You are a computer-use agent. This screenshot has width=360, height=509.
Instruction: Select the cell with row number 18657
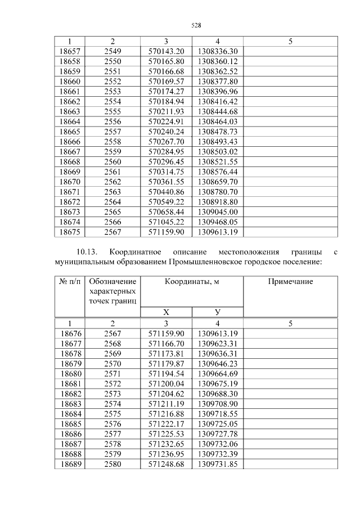[70, 51]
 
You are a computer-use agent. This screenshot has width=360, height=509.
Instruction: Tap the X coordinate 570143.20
[166, 51]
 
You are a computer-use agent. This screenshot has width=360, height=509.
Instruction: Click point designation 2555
[112, 111]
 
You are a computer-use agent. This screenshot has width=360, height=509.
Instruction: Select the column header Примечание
[290, 282]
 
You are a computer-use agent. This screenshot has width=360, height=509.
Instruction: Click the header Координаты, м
[192, 282]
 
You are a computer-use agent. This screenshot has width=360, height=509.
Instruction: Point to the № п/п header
[70, 282]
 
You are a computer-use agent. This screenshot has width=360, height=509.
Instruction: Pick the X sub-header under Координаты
[166, 312]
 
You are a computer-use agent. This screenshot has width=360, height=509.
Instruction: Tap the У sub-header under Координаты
[218, 312]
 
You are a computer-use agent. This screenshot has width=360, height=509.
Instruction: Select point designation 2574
[112, 404]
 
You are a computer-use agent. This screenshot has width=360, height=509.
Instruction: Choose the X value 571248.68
[166, 464]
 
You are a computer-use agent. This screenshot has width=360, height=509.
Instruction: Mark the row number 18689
[70, 464]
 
